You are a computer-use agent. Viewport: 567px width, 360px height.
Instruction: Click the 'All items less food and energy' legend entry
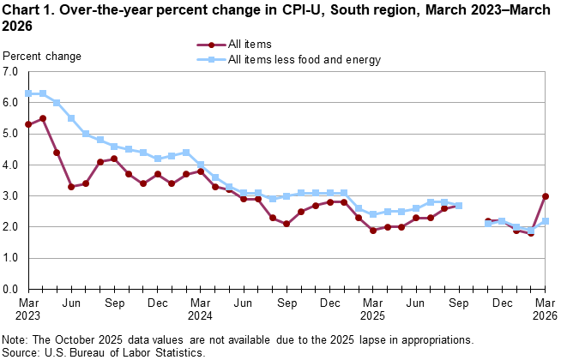pyautogui.click(x=304, y=60)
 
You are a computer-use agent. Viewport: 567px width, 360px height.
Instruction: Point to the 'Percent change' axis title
pyautogui.click(x=43, y=57)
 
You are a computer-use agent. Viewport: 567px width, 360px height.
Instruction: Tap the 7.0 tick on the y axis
pyautogui.click(x=11, y=72)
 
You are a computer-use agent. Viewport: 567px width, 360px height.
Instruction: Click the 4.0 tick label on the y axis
pyautogui.click(x=11, y=165)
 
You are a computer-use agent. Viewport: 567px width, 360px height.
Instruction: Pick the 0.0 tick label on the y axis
pyautogui.click(x=11, y=290)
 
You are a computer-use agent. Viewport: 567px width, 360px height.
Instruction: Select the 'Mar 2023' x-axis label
pyautogui.click(x=28, y=310)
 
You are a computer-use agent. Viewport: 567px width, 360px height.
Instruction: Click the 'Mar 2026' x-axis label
pyautogui.click(x=546, y=310)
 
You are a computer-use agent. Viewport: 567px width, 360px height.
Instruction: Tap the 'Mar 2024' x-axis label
pyautogui.click(x=201, y=310)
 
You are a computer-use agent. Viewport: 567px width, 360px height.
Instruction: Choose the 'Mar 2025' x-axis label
pyautogui.click(x=373, y=310)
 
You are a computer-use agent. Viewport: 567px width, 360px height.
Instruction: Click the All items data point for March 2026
pyautogui.click(x=546, y=196)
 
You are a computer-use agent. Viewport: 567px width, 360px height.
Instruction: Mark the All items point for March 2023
pyautogui.click(x=28, y=124)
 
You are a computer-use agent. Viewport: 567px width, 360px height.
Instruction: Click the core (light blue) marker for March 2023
pyautogui.click(x=28, y=93)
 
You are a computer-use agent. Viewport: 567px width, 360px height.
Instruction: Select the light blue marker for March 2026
pyautogui.click(x=546, y=221)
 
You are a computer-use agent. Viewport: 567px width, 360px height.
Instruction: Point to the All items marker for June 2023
pyautogui.click(x=71, y=187)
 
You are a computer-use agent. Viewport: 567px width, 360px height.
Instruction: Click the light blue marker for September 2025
pyautogui.click(x=459, y=206)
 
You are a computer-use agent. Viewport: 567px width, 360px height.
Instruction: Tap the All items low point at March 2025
pyautogui.click(x=373, y=231)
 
